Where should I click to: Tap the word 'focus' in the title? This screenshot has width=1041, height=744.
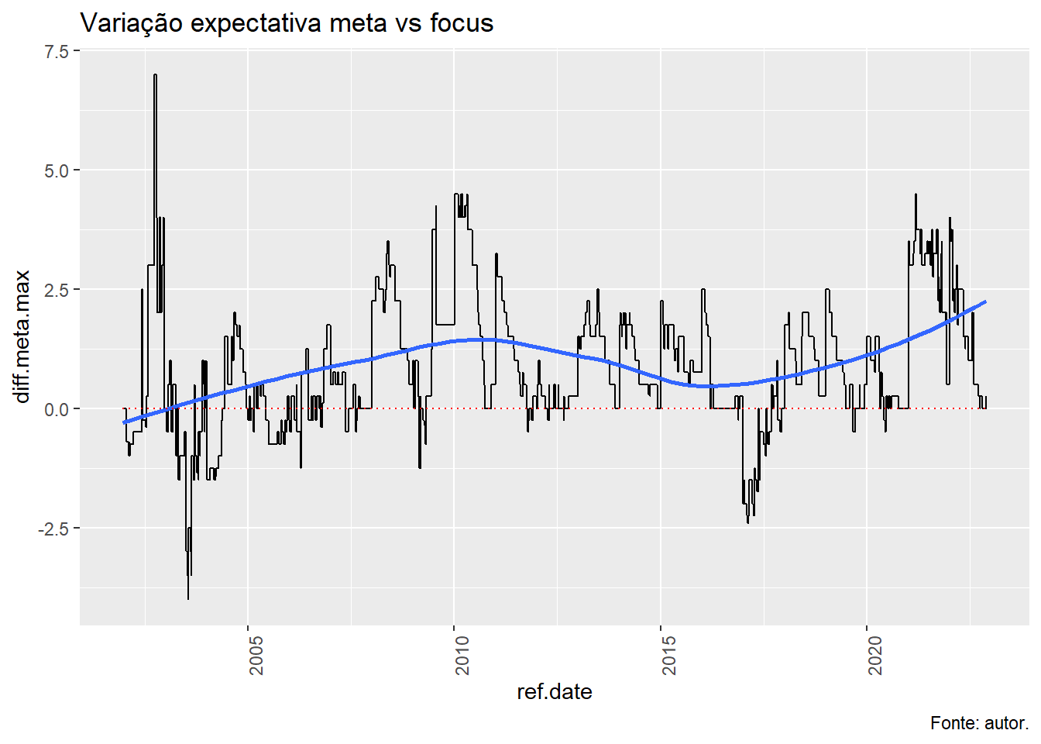462,23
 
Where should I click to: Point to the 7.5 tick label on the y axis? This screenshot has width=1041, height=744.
57,51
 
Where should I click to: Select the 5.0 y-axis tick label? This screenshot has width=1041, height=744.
57,170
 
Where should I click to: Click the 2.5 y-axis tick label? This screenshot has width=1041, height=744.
57,290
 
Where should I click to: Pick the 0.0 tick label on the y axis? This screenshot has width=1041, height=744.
57,409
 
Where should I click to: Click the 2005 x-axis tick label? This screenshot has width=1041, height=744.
256,656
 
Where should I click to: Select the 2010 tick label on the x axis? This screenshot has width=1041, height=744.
462,656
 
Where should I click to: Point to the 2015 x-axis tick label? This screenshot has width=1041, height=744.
669,656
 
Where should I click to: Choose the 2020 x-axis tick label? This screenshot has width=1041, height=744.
875,656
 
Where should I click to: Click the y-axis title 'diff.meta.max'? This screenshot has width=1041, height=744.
22,336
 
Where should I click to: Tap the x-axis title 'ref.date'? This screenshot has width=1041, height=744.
554,691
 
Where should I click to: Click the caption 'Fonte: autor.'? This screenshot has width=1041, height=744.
979,723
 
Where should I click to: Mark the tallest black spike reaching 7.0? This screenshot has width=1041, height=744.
155,75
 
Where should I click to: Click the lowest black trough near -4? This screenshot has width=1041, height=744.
187,598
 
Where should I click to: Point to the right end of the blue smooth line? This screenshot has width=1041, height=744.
985,301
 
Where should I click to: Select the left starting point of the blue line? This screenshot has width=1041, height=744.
124,422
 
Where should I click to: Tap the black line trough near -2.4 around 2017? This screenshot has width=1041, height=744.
747,522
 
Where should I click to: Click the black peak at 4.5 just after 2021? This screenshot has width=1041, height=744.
916,195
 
